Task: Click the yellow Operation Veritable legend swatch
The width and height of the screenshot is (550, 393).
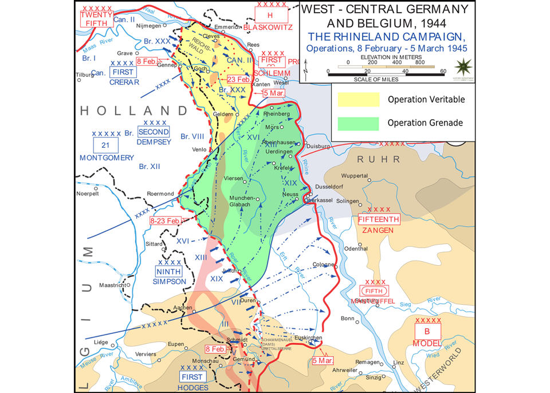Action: tap(358, 100)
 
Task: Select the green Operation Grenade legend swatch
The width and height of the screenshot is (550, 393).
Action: tap(358, 123)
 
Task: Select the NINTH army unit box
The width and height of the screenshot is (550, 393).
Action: tap(169, 272)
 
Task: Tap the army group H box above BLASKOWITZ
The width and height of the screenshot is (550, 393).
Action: tap(270, 15)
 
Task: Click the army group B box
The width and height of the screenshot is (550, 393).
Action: tap(427, 332)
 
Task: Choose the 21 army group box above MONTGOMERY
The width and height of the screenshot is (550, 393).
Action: tap(105, 145)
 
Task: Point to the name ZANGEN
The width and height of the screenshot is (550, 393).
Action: tap(377, 230)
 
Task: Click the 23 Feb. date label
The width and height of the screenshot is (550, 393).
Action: tap(239, 79)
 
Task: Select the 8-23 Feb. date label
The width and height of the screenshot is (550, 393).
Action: tap(166, 221)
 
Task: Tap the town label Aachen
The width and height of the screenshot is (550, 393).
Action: tap(184, 308)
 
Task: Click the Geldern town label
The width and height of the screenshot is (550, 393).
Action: tap(223, 114)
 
